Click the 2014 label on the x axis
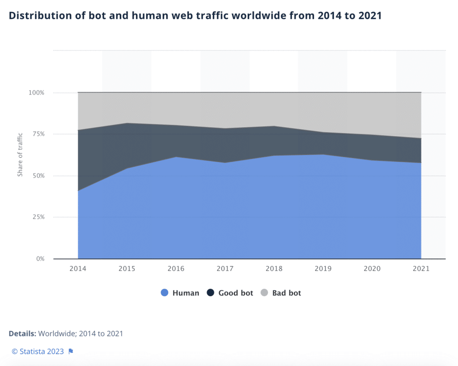coord(78,269)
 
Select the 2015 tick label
coord(127,269)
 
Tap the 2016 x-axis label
coord(176,269)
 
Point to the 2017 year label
coord(225,269)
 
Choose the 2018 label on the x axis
coord(274,269)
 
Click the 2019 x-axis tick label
coord(323,269)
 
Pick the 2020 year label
coord(372,269)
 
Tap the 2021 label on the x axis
coord(421,269)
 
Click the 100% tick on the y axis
coord(37,93)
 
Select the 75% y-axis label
coord(38,134)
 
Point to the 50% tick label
coord(38,176)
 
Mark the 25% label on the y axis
coord(38,217)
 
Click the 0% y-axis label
coord(40,259)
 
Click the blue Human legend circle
coord(164,293)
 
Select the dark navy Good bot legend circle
coord(210,293)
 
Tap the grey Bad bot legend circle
coord(264,293)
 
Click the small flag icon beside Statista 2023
coord(71,352)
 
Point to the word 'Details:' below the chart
coord(22,334)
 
